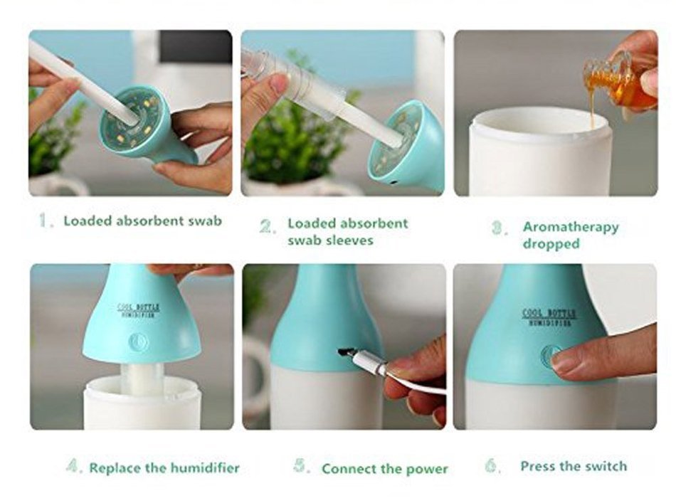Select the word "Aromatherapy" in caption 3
coord(571,227)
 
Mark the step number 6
coord(492,466)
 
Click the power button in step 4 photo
coord(138,342)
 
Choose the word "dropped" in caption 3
coord(551,244)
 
